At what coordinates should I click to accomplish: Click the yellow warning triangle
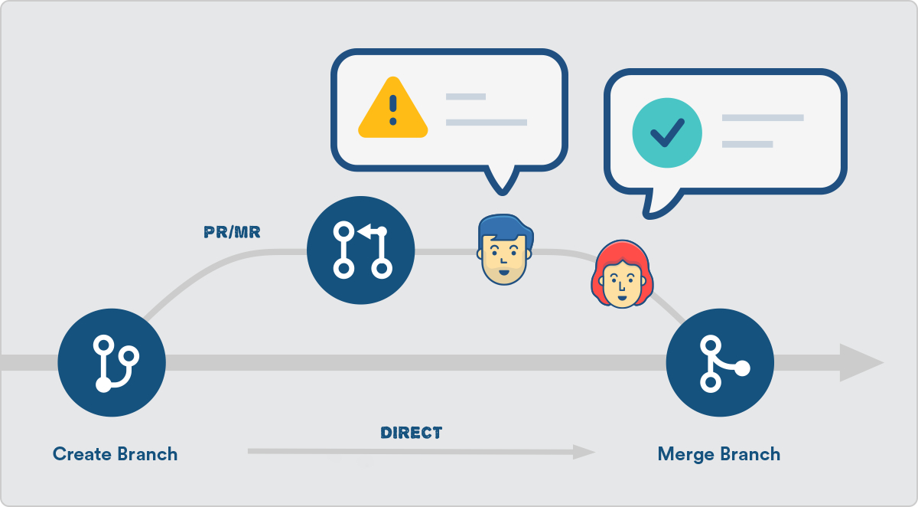pos(393,108)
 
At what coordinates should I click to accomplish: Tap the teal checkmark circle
pos(667,132)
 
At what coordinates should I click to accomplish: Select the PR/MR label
pos(232,232)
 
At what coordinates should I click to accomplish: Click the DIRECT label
pos(412,433)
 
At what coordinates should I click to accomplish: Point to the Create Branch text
pos(116,454)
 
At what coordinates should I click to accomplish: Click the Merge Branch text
pos(719,454)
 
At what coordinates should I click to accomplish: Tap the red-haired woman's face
pos(622,274)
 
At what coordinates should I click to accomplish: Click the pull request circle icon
pos(360,250)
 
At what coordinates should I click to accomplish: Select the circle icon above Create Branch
pos(112,362)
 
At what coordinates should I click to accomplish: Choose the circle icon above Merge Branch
pos(720,362)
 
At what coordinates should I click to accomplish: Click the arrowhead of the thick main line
pos(861,362)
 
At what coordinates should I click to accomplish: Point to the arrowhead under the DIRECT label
pos(584,452)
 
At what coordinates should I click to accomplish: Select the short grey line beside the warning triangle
pos(466,96)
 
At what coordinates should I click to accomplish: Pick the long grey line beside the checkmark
pos(763,118)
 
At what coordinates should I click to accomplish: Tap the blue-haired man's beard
pos(504,274)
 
